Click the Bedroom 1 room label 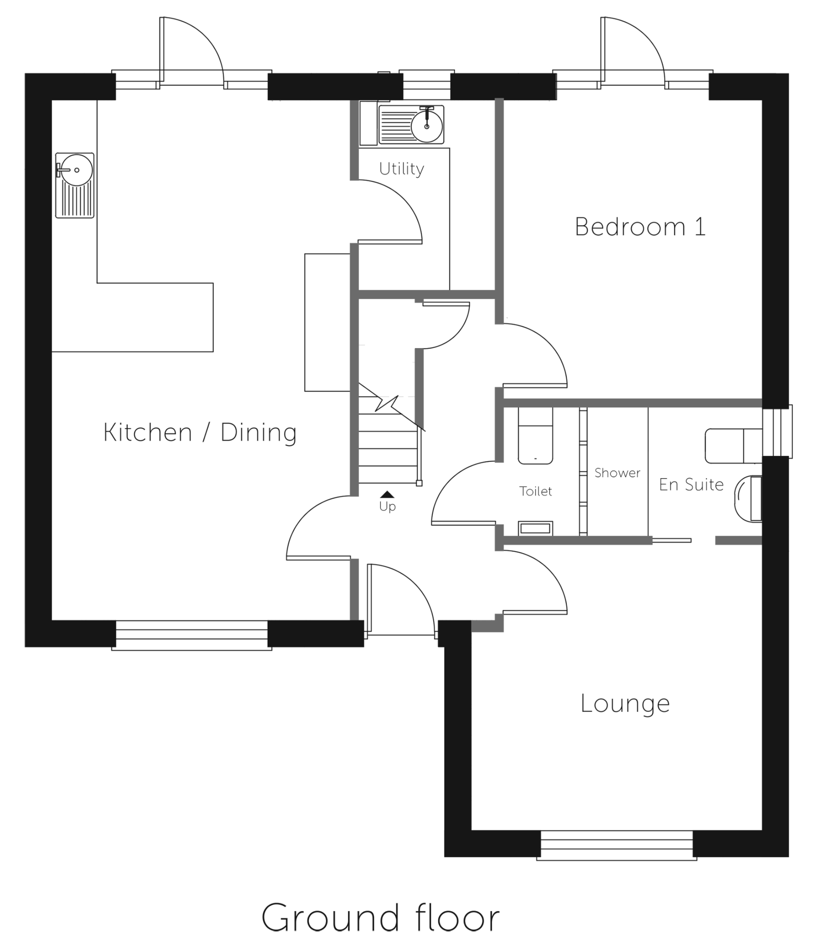tap(640, 227)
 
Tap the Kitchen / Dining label tap(200, 433)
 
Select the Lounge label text tap(625, 704)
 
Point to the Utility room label tap(401, 169)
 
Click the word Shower tap(617, 473)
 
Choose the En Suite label tap(691, 485)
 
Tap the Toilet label tap(536, 491)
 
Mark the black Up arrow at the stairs tap(387, 494)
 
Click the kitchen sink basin tap(75, 185)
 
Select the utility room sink tap(411, 125)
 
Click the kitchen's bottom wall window tap(192, 635)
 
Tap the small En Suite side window tap(777, 431)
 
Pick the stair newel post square tap(419, 483)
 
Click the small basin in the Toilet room tap(535, 528)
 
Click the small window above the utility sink tap(426, 85)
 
